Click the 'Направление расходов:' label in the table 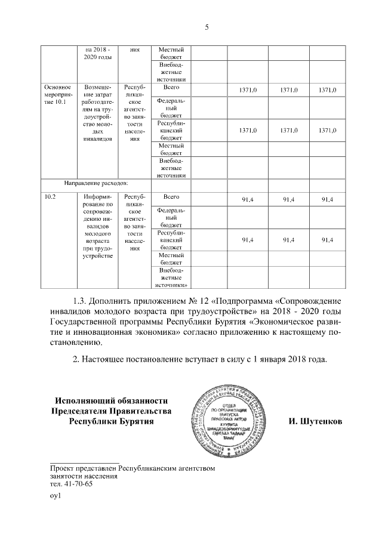click(97, 184)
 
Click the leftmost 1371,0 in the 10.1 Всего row click(248, 90)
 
